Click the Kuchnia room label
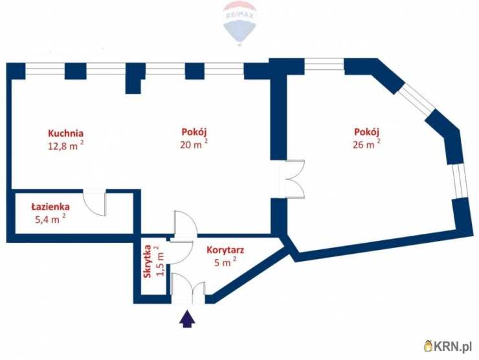[x=65, y=133]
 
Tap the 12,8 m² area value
[x=65, y=146]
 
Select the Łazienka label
[x=50, y=207]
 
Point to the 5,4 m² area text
[x=50, y=218]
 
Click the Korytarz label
[x=225, y=250]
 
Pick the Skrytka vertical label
[x=148, y=262]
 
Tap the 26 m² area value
[x=366, y=144]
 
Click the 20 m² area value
[x=194, y=144]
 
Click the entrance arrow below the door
[x=187, y=319]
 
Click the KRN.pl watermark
[x=447, y=346]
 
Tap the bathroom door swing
[x=95, y=203]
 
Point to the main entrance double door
[x=188, y=289]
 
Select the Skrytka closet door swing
[x=181, y=253]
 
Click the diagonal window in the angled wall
[x=417, y=100]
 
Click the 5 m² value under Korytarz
[x=225, y=262]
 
